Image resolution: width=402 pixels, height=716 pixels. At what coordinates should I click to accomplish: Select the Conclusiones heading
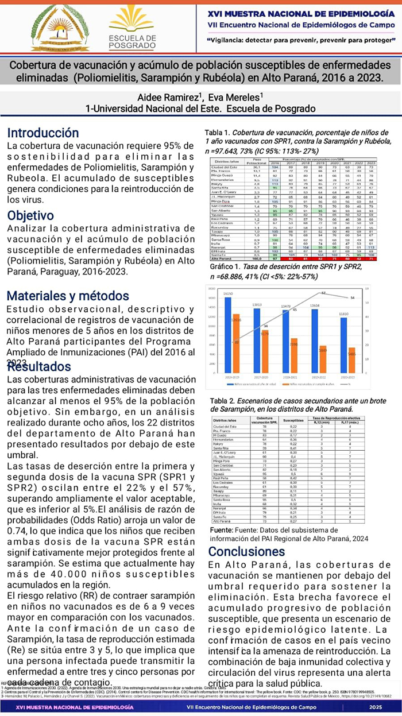click(x=246, y=552)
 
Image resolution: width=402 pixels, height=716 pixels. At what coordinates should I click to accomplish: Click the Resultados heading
click(x=40, y=367)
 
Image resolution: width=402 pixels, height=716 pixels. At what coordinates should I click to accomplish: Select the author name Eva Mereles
click(x=237, y=98)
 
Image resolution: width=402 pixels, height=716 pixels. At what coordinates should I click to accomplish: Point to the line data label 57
click(x=323, y=293)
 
